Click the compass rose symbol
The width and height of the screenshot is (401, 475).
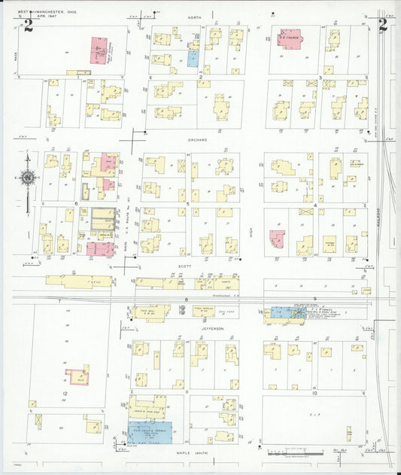point(28,178)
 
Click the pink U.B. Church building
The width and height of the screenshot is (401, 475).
point(290,37)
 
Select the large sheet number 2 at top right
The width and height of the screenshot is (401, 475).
point(382,26)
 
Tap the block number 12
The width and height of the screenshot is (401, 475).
point(65,394)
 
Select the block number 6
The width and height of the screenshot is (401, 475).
point(77,203)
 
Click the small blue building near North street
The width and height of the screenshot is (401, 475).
point(193,57)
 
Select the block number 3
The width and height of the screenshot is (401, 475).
point(321,77)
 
